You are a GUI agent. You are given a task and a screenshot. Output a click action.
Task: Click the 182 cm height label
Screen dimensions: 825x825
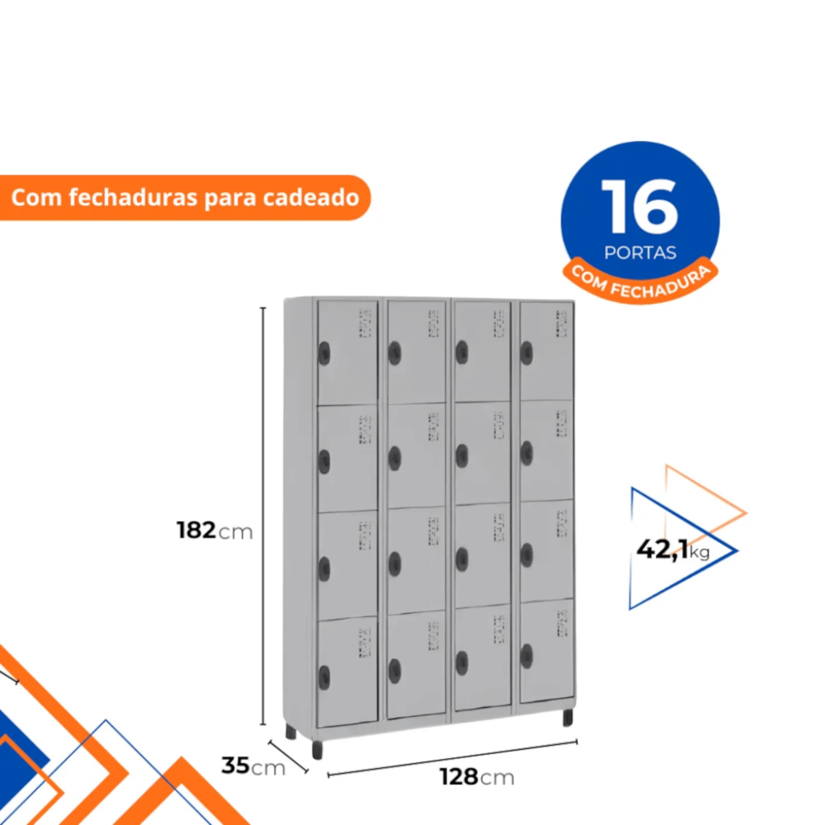pos(214,530)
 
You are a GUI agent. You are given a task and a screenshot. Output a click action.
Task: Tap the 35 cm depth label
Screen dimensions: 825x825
pos(253,766)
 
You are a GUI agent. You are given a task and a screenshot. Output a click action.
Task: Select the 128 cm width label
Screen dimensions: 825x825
pos(477,776)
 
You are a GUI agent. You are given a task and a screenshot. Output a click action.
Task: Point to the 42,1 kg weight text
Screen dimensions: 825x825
pos(673,549)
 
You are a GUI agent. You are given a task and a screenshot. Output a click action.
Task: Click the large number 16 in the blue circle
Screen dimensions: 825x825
pos(640,206)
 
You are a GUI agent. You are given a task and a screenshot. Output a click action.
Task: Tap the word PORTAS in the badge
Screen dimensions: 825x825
pos(640,253)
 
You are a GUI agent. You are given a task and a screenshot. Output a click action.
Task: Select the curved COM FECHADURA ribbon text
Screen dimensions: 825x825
pos(640,282)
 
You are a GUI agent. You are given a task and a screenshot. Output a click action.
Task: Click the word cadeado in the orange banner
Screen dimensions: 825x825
pos(311,198)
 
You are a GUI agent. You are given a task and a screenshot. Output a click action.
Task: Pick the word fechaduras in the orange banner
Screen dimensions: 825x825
pos(133,198)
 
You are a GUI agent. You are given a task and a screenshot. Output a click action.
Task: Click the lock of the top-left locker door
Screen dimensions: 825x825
pos(324,354)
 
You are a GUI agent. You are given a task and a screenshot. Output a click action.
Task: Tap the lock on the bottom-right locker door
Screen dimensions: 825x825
pos(526,656)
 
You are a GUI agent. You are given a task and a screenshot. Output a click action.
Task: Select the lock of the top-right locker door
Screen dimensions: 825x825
pos(526,353)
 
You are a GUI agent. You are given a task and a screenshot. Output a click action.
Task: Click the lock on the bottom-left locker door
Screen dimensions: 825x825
pos(324,678)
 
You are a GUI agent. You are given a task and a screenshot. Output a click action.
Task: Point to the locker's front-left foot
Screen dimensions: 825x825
pos(318,750)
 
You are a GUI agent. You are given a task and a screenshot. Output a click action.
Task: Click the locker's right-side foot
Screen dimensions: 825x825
pos(568,718)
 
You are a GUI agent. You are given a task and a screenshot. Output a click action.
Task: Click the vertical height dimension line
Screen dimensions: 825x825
pos(263,516)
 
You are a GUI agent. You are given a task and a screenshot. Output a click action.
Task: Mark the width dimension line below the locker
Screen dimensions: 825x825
pos(452,758)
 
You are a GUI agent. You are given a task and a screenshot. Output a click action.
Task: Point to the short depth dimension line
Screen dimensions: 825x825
pos(288,757)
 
